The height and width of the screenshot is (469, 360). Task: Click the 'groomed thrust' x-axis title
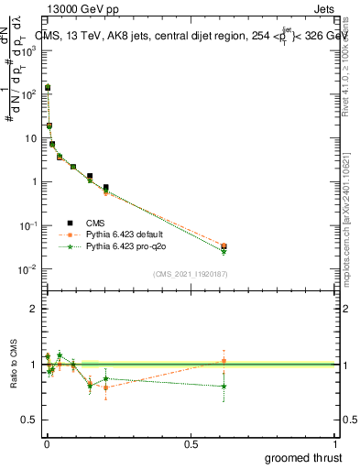pos(302,458)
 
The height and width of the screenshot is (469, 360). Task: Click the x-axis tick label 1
pos(335,443)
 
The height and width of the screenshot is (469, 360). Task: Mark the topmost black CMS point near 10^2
pos(48,87)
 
